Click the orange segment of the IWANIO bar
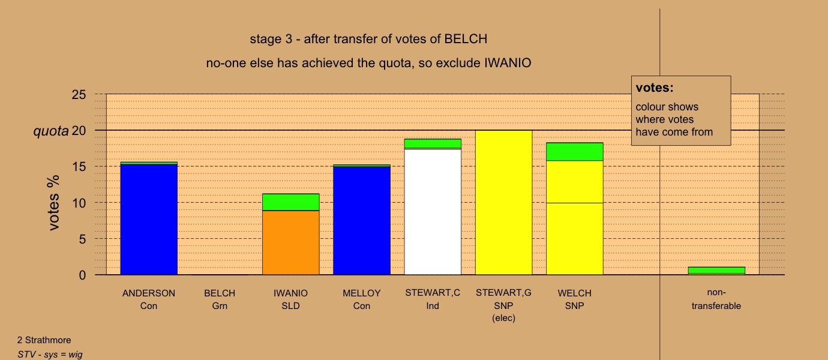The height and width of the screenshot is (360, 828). pos(291,242)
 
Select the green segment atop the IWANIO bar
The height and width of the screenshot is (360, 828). pos(291,202)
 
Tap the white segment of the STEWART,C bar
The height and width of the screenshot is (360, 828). pos(433,212)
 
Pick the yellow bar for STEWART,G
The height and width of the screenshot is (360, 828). pos(504,203)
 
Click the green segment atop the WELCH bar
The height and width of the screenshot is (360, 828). pos(575,152)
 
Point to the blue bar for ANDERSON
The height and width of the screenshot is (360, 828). pos(149,220)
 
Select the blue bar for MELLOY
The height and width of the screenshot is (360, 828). pos(362,221)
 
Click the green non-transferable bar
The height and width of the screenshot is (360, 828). pos(716,271)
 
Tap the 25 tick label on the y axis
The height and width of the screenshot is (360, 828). pos(79,95)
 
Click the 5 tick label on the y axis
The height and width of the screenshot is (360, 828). pos(82,239)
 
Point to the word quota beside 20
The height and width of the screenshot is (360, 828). pos(51,131)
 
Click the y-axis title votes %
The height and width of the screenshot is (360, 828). pos(54,203)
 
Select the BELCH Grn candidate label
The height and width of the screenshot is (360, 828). pos(220,299)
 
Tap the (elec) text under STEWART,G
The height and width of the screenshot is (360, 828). pos(503,318)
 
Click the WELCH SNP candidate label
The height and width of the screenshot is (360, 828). pos(574,299)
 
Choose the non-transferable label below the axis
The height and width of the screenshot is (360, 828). pos(716,299)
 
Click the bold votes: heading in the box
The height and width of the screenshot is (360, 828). pos(655,88)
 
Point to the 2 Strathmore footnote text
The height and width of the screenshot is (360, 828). pos(44,340)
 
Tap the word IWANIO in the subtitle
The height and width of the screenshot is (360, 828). pos(508,63)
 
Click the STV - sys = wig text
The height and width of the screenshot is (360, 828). pos(50,355)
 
